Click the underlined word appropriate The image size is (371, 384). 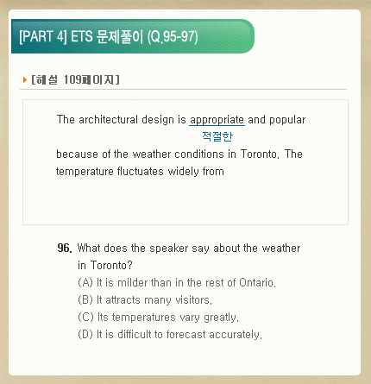[217, 120]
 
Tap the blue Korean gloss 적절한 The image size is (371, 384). [217, 136]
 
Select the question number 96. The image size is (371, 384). [65, 248]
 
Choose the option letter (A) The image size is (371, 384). [85, 283]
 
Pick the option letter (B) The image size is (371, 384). [85, 300]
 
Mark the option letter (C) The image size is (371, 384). [85, 318]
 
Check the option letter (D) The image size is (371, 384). [85, 335]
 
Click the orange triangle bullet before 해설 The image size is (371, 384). [25, 79]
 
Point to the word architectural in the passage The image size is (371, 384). [108, 119]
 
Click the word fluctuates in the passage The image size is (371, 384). [141, 172]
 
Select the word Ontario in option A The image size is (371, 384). [257, 283]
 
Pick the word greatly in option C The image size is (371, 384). [221, 318]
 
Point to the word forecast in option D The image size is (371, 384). [186, 335]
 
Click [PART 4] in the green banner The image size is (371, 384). [43, 36]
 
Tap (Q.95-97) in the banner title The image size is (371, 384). [173, 37]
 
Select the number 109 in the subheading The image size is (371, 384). [72, 79]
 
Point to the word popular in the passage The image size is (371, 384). [287, 120]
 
